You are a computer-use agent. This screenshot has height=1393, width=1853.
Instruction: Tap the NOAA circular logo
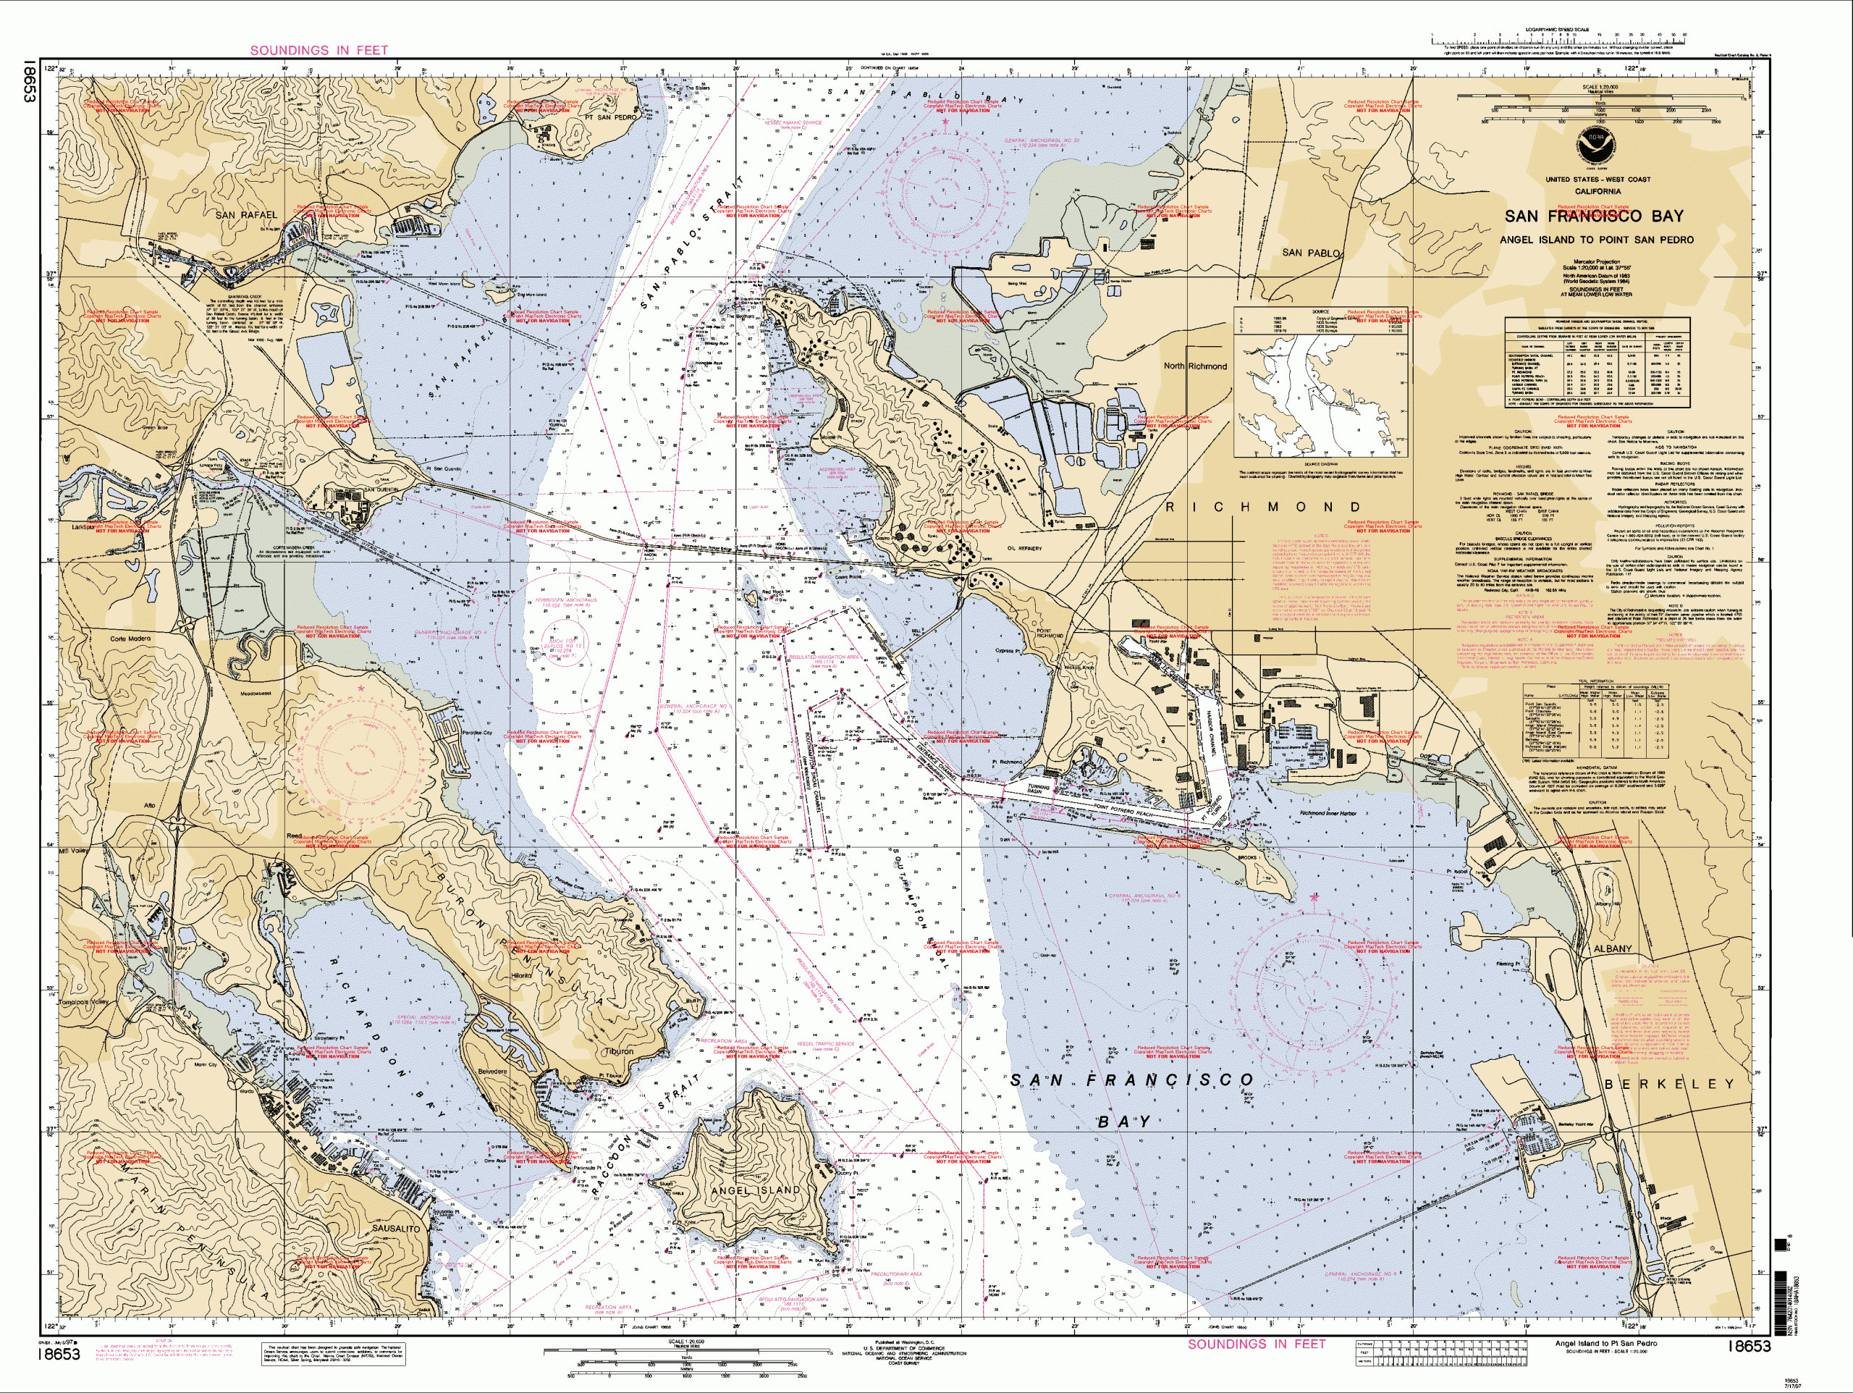[x=1598, y=148]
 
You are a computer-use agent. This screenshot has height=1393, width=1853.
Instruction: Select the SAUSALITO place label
[x=395, y=1229]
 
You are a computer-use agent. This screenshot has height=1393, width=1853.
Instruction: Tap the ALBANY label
[x=1613, y=948]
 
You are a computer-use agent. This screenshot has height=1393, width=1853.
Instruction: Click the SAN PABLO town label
[x=1312, y=252]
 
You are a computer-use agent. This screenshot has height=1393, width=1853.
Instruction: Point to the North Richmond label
[x=1194, y=366]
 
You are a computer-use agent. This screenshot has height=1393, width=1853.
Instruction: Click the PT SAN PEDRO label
[x=610, y=117]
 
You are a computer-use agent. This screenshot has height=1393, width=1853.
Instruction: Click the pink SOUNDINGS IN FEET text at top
[x=319, y=50]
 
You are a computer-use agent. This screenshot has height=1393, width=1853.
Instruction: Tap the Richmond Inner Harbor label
[x=1329, y=813]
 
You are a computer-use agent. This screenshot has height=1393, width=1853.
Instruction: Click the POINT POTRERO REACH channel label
[x=1123, y=805]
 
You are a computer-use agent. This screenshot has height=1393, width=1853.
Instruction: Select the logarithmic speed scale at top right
[x=1558, y=38]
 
